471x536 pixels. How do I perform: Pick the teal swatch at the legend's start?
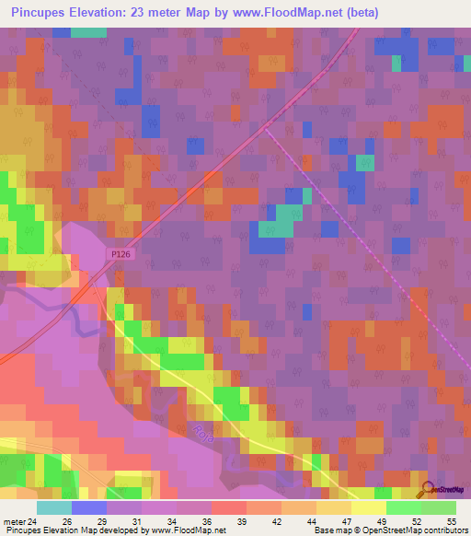point(53,507)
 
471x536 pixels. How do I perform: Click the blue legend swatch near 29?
point(88,507)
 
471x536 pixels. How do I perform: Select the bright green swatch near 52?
point(403,507)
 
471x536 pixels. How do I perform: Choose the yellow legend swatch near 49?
point(368,507)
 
